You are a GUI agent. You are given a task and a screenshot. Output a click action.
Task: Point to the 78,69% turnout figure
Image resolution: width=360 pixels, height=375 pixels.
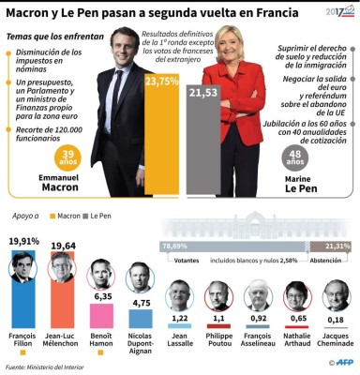[x=174, y=246]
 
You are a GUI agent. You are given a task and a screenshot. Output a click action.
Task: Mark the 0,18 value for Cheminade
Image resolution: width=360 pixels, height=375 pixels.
[x=336, y=319]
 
